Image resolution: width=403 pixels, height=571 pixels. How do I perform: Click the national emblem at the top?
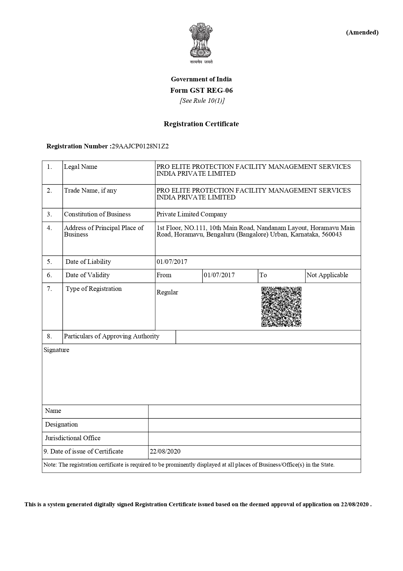pyautogui.click(x=201, y=40)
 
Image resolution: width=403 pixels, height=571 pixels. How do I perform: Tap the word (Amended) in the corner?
pyautogui.click(x=362, y=32)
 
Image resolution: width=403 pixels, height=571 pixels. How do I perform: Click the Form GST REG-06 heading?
pyautogui.click(x=201, y=90)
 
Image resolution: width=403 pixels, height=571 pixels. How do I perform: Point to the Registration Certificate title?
pyautogui.click(x=201, y=124)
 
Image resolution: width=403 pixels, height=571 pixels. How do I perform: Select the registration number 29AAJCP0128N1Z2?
pyautogui.click(x=140, y=146)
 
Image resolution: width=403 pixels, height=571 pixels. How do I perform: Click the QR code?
pyautogui.click(x=281, y=307)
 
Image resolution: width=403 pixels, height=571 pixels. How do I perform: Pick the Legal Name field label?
pyautogui.click(x=80, y=167)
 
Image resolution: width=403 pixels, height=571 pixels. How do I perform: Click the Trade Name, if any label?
pyautogui.click(x=90, y=191)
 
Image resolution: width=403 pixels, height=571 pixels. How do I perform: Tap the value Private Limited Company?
pyautogui.click(x=191, y=214)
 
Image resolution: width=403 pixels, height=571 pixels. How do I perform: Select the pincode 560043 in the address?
pyautogui.click(x=331, y=235)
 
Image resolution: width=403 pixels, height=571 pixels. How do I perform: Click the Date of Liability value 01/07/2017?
pyautogui.click(x=172, y=262)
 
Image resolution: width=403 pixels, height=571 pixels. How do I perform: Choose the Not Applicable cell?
pyautogui.click(x=327, y=275)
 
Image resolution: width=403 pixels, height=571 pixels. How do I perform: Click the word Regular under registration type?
pyautogui.click(x=167, y=292)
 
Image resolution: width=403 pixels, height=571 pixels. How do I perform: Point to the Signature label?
pyautogui.click(x=56, y=350)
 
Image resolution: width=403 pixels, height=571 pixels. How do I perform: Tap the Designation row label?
pyautogui.click(x=61, y=425)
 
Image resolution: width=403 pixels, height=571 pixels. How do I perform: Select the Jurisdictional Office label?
pyautogui.click(x=72, y=438)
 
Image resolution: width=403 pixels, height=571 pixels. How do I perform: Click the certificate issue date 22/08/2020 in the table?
pyautogui.click(x=165, y=452)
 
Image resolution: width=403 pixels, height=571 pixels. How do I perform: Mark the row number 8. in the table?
pyautogui.click(x=49, y=336)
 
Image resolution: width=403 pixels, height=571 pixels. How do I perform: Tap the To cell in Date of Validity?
pyautogui.click(x=263, y=275)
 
